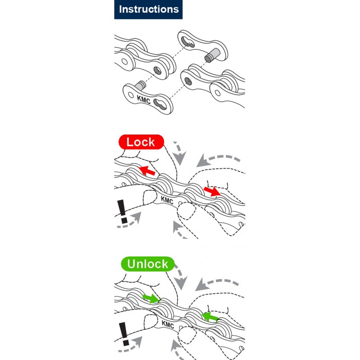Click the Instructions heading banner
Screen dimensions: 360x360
coord(148,9)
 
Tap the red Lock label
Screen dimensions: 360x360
coord(141,142)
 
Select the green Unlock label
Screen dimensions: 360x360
coord(148,264)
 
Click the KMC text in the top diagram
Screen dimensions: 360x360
coord(144,99)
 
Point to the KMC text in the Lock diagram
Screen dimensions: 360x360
coord(167,200)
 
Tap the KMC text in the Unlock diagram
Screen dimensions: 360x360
coord(168,324)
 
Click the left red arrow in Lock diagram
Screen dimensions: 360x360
coord(147,171)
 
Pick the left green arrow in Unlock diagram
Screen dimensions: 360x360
coord(151,298)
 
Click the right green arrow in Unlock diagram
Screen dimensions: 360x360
coord(210,317)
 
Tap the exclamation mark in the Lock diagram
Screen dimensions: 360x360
coord(122,211)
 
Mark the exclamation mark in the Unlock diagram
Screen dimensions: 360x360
coord(124,334)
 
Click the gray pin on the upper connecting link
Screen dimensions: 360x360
coord(212,55)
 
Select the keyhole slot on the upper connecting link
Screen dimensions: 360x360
coord(188,41)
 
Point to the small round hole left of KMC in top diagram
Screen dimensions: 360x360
coord(130,95)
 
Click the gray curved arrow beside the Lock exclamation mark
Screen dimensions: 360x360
coord(130,221)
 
